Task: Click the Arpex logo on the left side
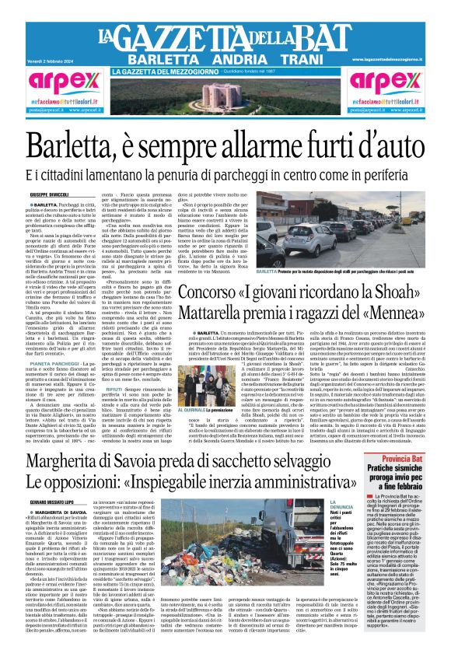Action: (x=55, y=80)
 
